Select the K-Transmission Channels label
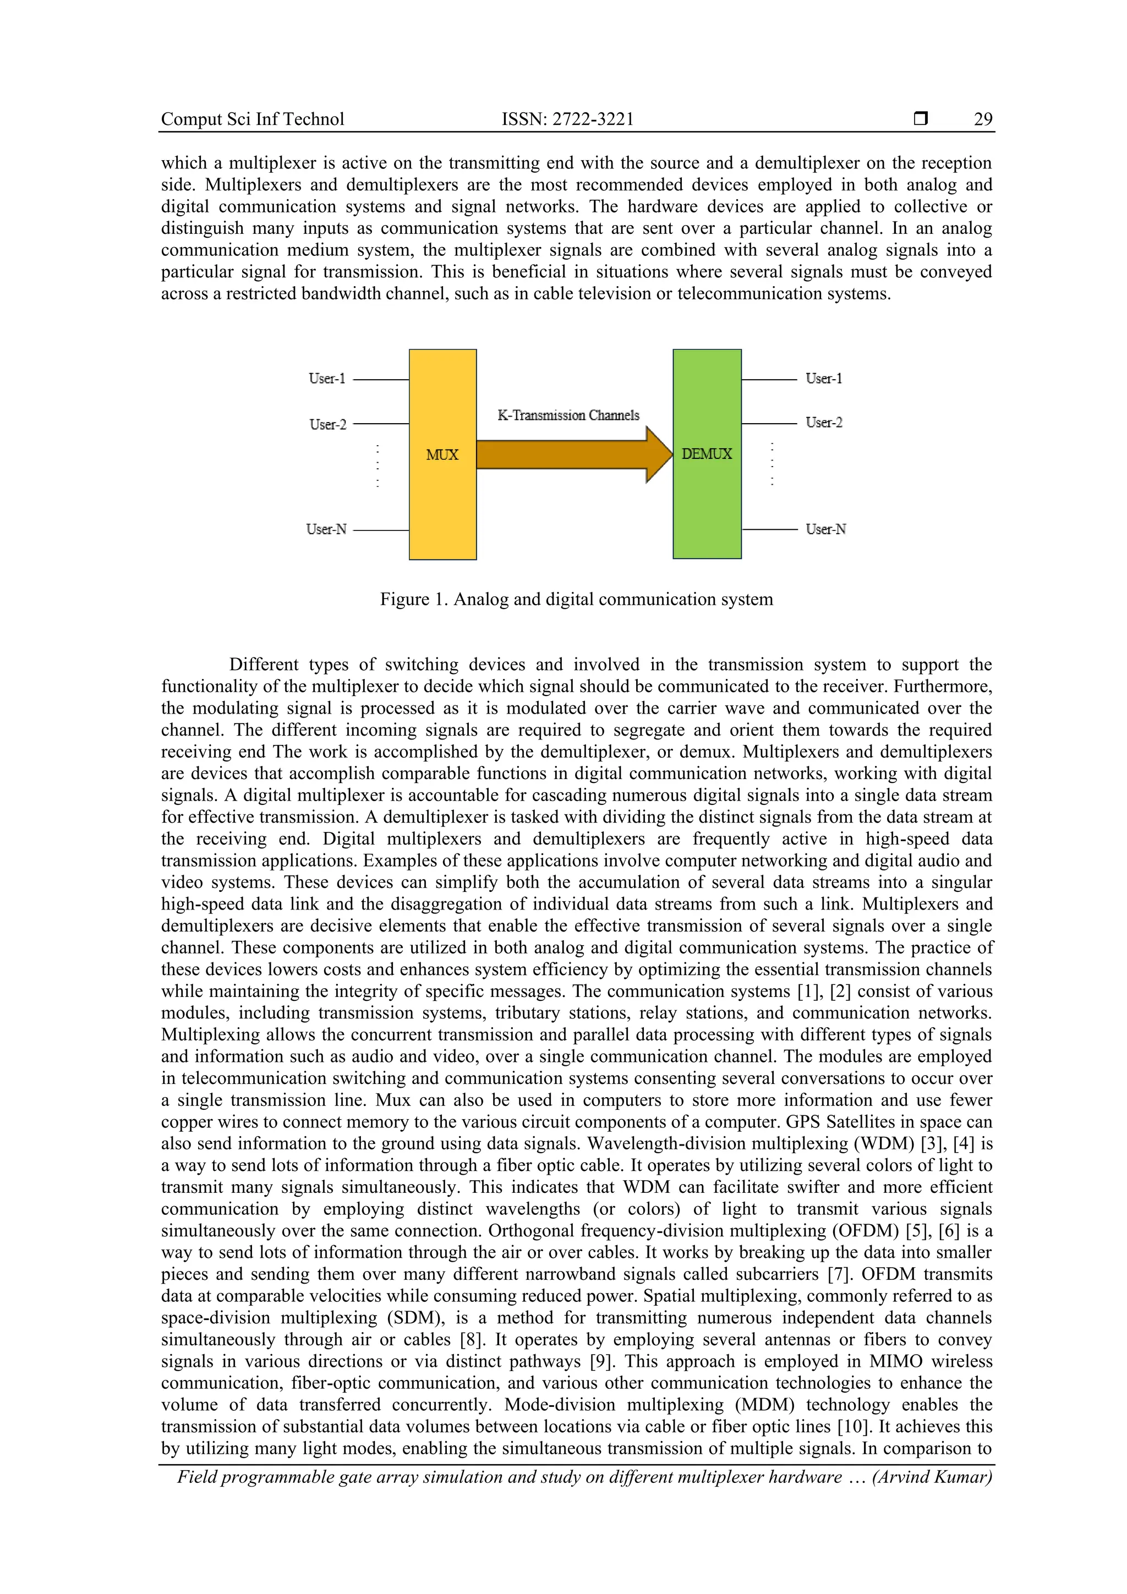pos(568,415)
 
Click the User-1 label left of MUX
pos(327,379)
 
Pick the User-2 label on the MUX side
pos(328,424)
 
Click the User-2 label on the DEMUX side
pos(824,423)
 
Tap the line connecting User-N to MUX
pos(381,530)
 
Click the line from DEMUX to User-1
pos(769,380)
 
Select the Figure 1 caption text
pos(576,599)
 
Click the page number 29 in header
pos(983,119)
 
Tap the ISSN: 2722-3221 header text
pos(567,119)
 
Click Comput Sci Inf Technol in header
pos(253,119)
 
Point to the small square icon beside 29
pos(921,119)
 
